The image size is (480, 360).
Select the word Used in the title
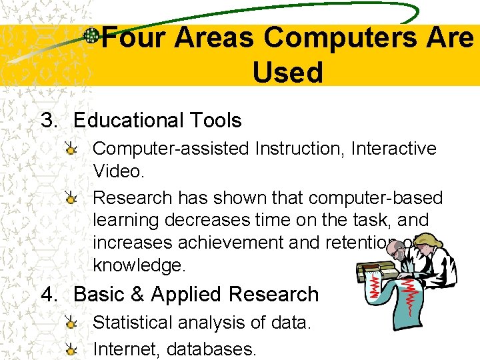pyautogui.click(x=287, y=72)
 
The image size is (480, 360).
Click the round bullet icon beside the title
pyautogui.click(x=92, y=37)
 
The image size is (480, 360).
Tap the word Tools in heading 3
pyautogui.click(x=215, y=121)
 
